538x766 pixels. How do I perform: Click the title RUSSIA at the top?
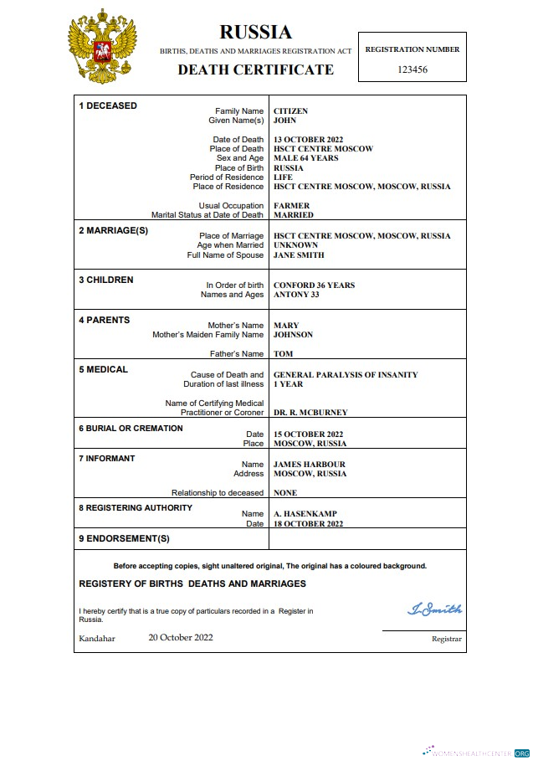pos(255,32)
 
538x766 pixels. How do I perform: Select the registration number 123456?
pos(412,69)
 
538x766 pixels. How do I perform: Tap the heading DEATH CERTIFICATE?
pos(255,69)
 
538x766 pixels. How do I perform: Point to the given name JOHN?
pos(285,121)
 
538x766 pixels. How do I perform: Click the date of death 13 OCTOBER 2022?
pos(308,140)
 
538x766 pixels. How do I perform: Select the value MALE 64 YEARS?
pos(305,158)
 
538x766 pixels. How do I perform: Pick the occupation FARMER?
pos(291,206)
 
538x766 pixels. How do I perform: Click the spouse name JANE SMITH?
pos(299,255)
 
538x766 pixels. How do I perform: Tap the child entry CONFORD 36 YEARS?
pos(314,285)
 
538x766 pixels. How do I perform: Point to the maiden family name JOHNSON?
pos(293,335)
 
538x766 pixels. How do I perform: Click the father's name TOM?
pos(283,354)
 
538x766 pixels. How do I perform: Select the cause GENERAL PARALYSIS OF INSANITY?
pos(346,375)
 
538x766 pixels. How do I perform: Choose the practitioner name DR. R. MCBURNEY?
pos(310,413)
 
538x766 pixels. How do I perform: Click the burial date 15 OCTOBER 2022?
pos(308,434)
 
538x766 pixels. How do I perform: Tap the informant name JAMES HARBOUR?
pos(309,465)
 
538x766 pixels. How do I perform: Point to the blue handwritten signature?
pos(433,609)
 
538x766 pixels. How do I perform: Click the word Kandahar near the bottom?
pos(97,639)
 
